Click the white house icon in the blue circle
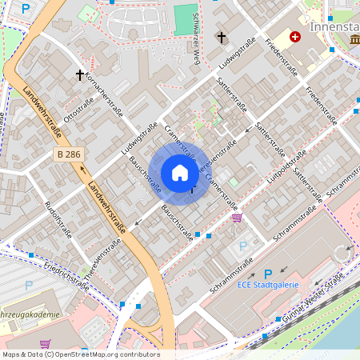[180, 173]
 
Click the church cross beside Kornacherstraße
[80, 74]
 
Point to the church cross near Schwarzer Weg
[222, 37]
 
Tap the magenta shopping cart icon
[236, 217]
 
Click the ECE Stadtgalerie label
[268, 284]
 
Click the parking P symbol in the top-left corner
[26, 9]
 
